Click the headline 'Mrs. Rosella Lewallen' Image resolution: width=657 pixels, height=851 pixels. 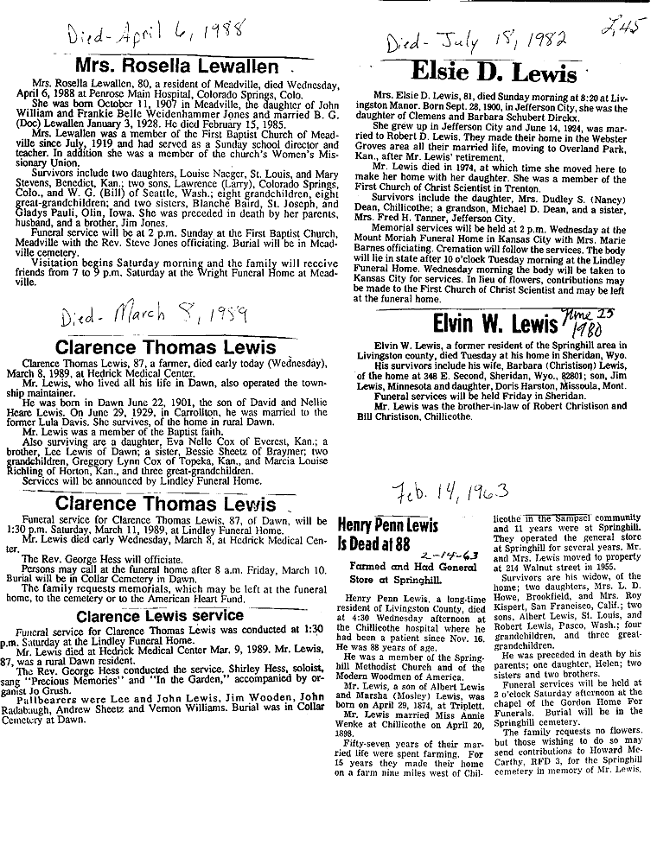point(177,67)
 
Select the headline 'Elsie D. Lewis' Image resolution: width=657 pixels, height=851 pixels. point(493,72)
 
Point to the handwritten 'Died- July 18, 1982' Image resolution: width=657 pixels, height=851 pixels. point(476,41)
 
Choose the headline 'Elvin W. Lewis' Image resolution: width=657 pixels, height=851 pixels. point(494,325)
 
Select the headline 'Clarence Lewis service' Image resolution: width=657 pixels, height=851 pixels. point(160,615)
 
